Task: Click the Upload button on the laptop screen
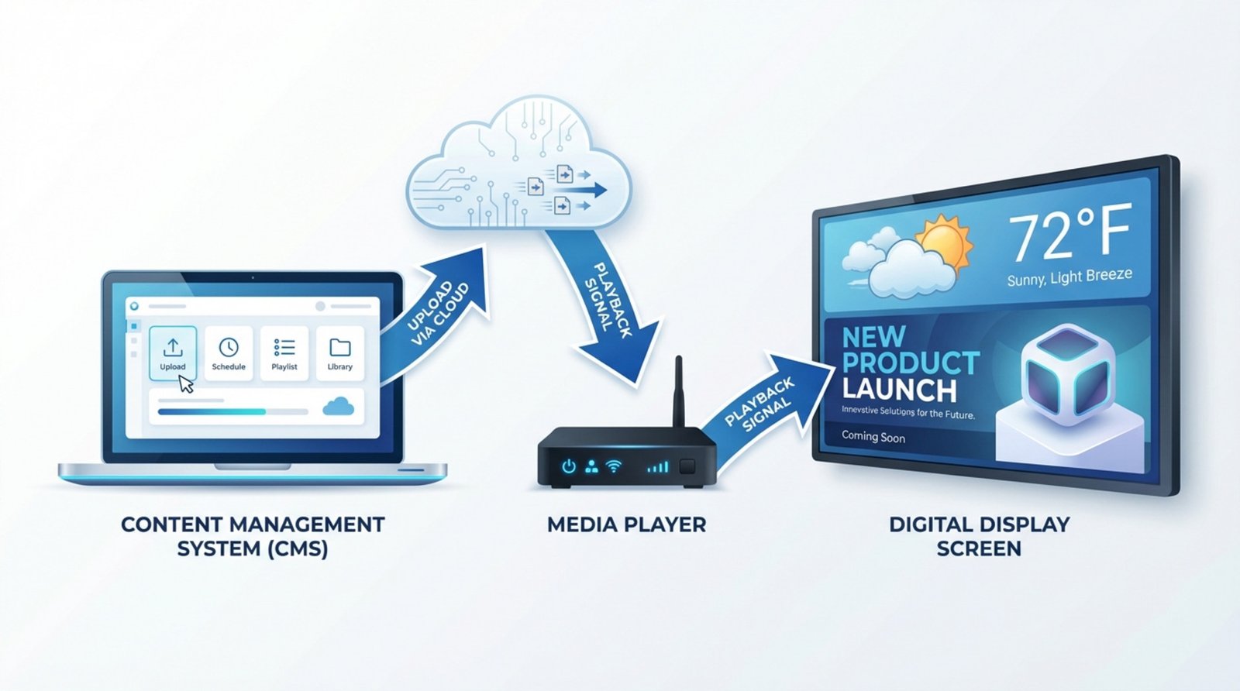coord(172,352)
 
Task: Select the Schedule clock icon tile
coord(229,352)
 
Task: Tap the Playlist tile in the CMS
coord(284,352)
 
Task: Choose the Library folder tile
coord(339,352)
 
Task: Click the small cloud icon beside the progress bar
coord(339,407)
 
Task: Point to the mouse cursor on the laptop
coord(186,383)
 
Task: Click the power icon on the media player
coord(569,466)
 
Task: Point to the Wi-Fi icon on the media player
coord(614,466)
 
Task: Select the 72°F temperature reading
coord(1069,232)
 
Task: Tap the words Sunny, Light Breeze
coord(1069,277)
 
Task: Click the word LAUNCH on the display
coord(900,389)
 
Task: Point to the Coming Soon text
coord(873,437)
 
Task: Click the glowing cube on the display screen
coord(1068,376)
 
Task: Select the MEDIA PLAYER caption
coord(626,524)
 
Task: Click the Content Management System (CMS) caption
coord(253,536)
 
